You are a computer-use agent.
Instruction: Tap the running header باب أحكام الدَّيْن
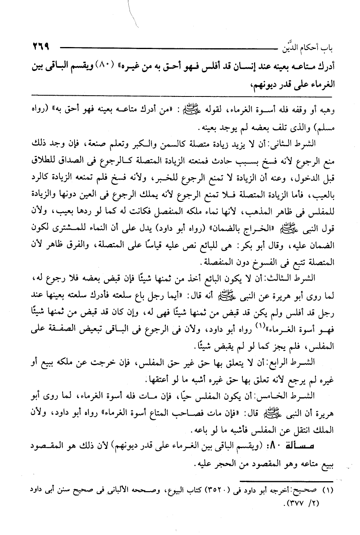(311, 48)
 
